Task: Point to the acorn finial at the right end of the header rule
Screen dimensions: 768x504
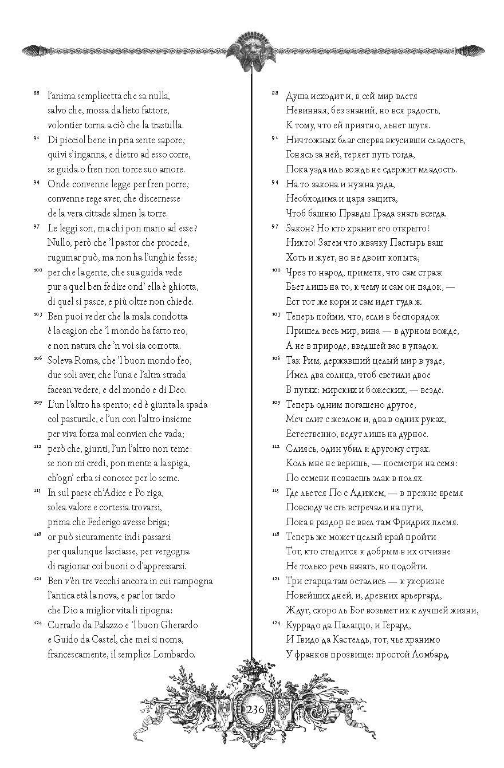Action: pyautogui.click(x=471, y=50)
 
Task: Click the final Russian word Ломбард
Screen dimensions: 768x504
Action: pyautogui.click(x=427, y=654)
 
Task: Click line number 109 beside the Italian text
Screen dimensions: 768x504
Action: pyautogui.click(x=37, y=403)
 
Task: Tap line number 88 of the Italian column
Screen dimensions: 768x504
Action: pyautogui.click(x=37, y=93)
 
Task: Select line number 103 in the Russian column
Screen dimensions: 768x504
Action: pyautogui.click(x=275, y=314)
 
